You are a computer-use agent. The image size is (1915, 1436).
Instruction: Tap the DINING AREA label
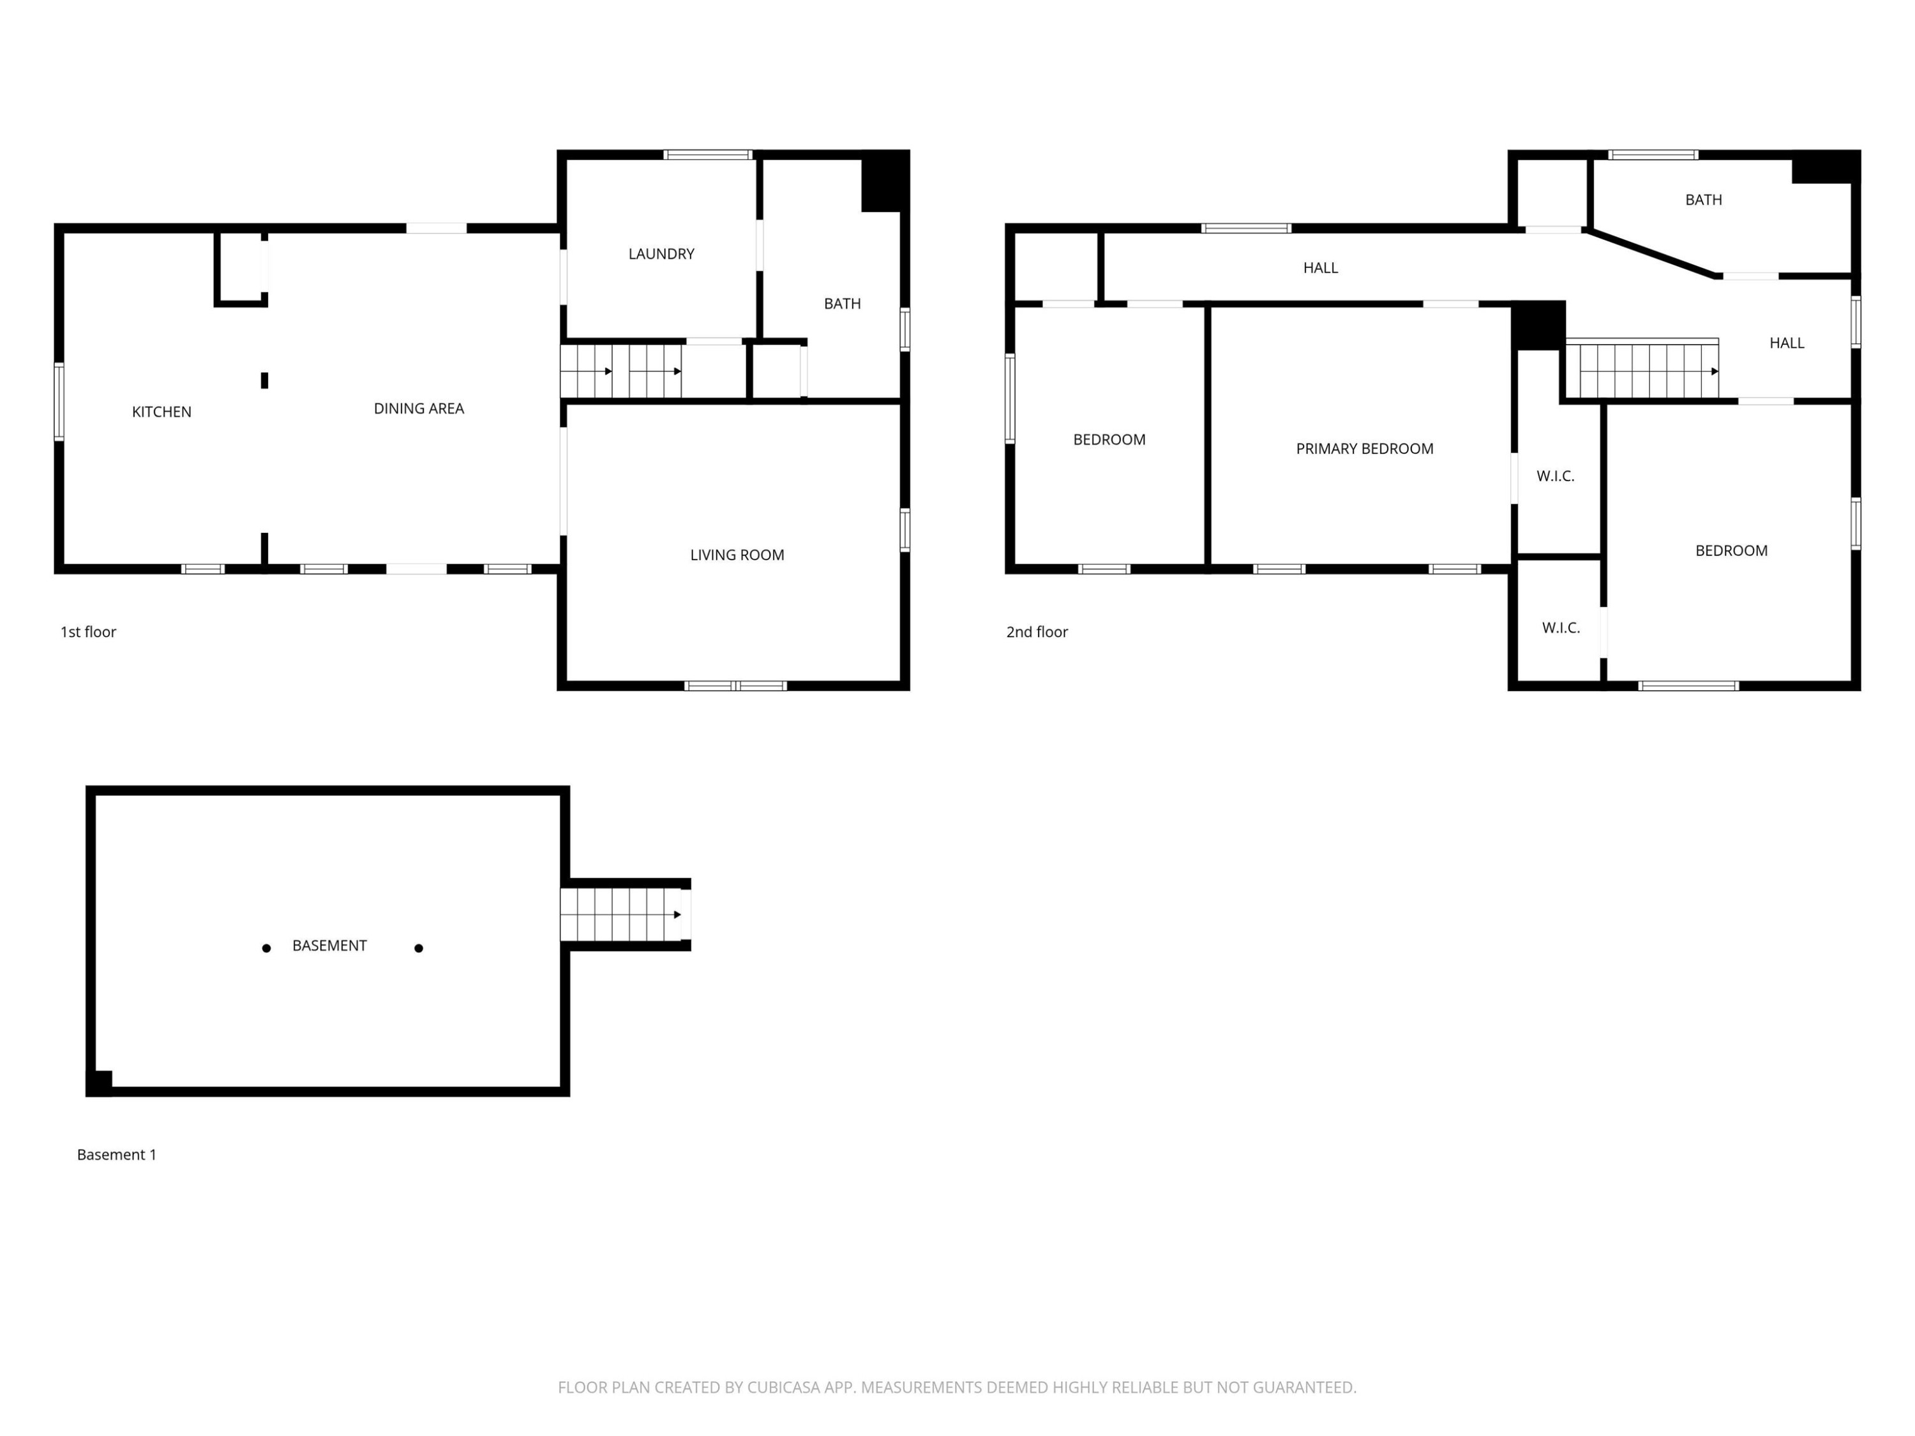[419, 408]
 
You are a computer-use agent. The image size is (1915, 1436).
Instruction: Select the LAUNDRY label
[661, 253]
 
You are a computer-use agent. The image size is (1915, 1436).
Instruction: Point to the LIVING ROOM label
[737, 555]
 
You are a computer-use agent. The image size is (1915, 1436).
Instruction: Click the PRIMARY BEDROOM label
[1364, 449]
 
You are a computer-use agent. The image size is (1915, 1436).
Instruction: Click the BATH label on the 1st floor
[843, 304]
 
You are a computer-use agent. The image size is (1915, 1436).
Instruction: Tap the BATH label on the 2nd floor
[1703, 200]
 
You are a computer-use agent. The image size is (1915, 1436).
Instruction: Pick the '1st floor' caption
[88, 632]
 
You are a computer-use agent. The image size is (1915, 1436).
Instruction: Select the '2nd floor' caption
[1037, 632]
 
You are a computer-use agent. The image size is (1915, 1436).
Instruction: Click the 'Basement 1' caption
[117, 1155]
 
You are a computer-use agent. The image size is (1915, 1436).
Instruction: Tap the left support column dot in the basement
[267, 948]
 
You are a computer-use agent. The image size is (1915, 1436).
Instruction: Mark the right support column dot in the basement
[419, 948]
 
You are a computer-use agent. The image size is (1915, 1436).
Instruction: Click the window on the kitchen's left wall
[59, 401]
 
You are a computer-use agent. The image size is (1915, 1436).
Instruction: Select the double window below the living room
[736, 686]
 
